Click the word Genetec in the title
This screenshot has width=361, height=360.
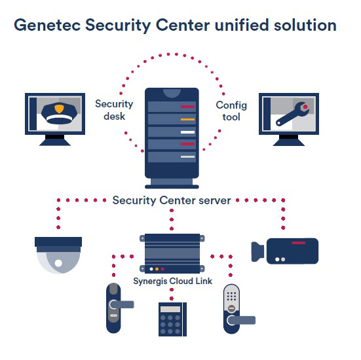tap(47, 26)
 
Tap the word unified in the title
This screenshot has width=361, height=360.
tap(242, 25)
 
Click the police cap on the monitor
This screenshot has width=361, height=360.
tap(59, 114)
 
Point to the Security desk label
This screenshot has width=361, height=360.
tap(114, 110)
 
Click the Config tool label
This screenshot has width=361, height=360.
tap(231, 111)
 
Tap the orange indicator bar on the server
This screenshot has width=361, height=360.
tap(187, 119)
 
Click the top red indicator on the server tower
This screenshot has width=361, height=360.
tap(187, 107)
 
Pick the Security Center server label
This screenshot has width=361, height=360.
tap(172, 200)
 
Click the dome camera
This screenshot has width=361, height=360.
tap(58, 255)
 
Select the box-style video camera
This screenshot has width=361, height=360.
tap(285, 251)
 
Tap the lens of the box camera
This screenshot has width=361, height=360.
tap(257, 251)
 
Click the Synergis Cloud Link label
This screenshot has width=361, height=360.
tap(173, 281)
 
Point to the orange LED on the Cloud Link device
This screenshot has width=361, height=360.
tap(157, 269)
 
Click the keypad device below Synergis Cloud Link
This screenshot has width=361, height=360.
tap(172, 319)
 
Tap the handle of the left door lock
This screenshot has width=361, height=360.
tap(122, 304)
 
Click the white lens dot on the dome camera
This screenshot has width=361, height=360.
tap(58, 263)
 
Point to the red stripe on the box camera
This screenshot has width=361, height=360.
tap(298, 243)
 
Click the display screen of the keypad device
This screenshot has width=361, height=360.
tap(170, 309)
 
